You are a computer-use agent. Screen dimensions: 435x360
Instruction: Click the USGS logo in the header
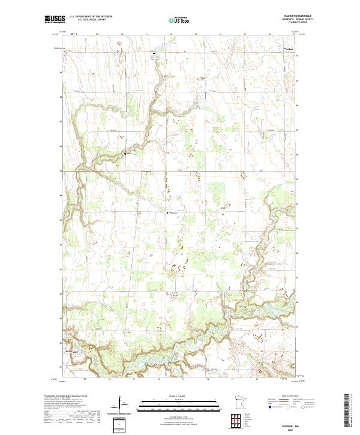click(x=54, y=19)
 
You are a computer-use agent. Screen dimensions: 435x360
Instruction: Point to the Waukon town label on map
click(x=290, y=49)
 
